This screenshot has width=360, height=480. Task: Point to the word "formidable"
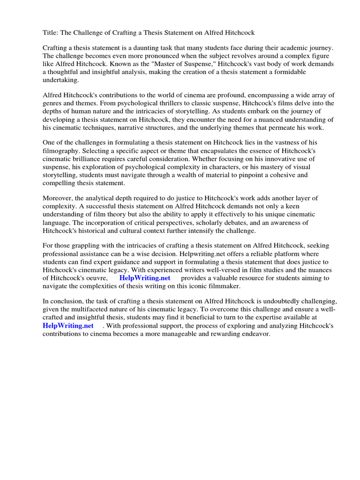tap(288, 72)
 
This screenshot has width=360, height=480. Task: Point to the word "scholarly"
tap(216, 223)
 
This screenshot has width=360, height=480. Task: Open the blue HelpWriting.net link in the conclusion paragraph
tap(67, 325)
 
